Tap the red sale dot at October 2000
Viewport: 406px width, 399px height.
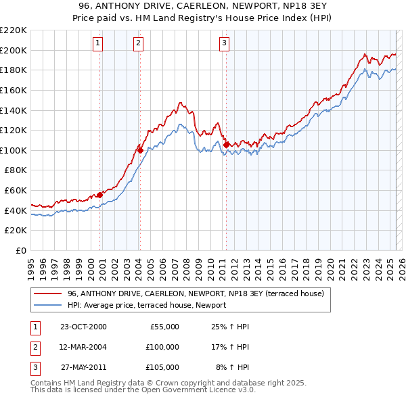[x=100, y=195]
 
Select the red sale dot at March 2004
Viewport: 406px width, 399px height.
[x=140, y=149]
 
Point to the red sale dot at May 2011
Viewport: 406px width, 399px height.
[x=226, y=145]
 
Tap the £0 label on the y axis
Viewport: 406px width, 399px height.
[x=21, y=250]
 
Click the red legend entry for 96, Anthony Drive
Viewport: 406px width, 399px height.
[x=196, y=294]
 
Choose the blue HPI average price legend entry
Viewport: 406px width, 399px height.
[x=146, y=306]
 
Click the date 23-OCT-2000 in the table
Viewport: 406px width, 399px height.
[x=83, y=327]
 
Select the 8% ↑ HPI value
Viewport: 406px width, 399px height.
[x=232, y=367]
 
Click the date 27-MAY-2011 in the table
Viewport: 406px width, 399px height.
[x=83, y=367]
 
